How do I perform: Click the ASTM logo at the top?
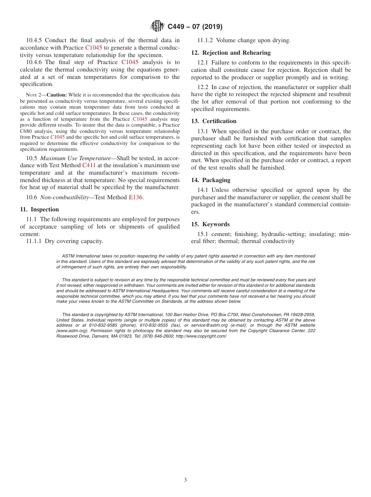[157, 26]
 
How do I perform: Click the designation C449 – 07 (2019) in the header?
[195, 27]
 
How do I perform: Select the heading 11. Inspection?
[39, 209]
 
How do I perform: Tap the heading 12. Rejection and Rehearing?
[231, 53]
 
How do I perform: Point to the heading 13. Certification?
[214, 121]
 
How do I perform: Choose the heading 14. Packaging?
[210, 180]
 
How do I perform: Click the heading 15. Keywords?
[210, 224]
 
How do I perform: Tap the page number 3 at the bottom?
[185, 480]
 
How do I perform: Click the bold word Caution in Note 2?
[57, 95]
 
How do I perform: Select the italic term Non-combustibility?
[64, 197]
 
